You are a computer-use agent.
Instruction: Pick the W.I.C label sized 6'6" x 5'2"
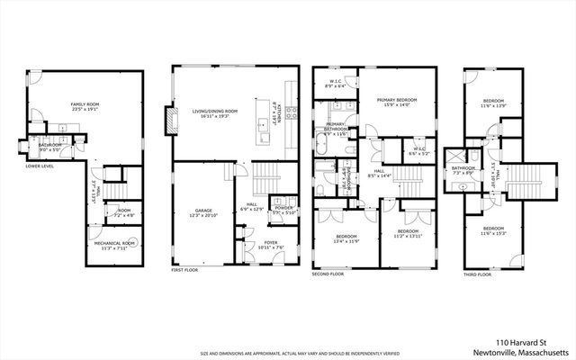click(418, 150)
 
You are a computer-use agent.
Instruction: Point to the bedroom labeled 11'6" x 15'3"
click(493, 230)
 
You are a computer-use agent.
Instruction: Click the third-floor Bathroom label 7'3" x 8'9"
click(464, 169)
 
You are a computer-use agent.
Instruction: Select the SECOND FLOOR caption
click(328, 273)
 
